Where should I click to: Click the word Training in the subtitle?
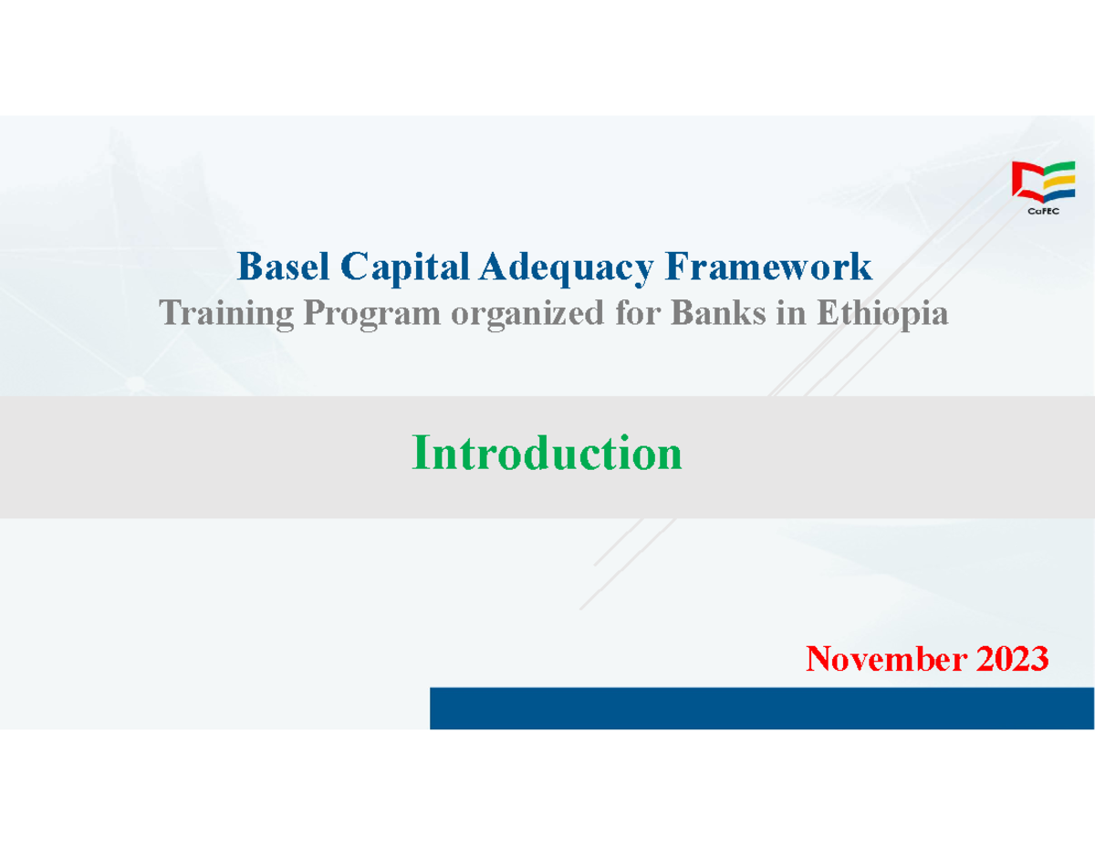[226, 315]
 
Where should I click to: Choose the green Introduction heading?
[547, 453]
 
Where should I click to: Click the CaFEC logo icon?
[1043, 183]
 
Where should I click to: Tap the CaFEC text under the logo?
[1043, 211]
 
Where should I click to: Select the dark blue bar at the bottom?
[762, 708]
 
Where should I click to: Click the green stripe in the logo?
[1059, 170]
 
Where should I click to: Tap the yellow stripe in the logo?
[1059, 182]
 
